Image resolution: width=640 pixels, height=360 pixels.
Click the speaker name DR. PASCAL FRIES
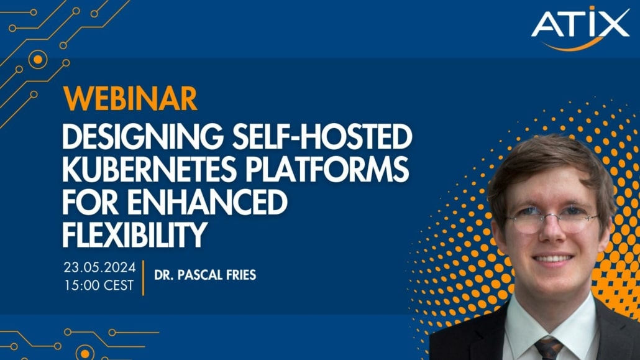(204, 274)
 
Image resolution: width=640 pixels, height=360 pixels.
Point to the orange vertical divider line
(142, 278)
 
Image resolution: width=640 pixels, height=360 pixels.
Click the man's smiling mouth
(553, 259)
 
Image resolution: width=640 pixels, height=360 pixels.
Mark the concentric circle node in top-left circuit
(38, 59)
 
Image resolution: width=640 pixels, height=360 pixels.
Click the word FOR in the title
(88, 201)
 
